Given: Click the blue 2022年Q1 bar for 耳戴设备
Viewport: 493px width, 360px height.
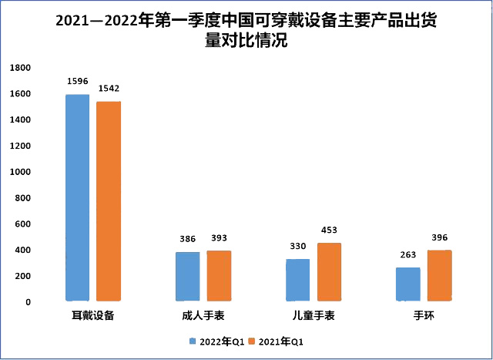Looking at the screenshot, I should pos(77,197).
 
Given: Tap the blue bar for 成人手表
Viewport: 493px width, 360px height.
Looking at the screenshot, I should pos(187,276).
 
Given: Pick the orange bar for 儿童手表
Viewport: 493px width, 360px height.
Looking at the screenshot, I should pos(329,272).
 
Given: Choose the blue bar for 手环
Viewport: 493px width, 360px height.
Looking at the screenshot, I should pos(407,284).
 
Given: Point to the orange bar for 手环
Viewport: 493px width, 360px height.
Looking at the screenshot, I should pos(439,275).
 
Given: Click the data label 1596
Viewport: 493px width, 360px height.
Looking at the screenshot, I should pos(78,80).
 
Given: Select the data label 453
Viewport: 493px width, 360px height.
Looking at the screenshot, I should pos(330,230).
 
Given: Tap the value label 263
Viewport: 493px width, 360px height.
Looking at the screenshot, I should pos(408,254).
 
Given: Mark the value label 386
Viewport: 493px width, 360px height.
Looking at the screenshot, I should pos(188,238).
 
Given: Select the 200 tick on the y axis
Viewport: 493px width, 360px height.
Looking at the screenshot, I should pos(23,276).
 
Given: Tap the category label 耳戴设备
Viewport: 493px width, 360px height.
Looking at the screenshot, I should pos(93,316).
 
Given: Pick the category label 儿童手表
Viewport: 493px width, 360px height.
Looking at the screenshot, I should pos(314,316).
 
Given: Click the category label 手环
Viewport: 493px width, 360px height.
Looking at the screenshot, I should pos(424,316).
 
